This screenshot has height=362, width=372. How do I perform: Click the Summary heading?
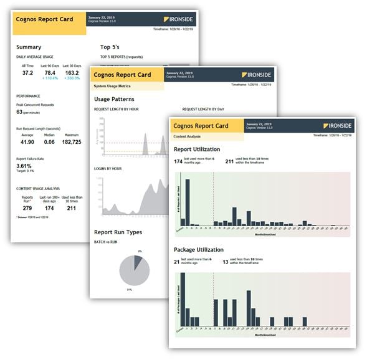pyautogui.click(x=29, y=47)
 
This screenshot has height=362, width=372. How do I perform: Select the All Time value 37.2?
pyautogui.click(x=27, y=73)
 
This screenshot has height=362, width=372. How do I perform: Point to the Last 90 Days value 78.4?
pyautogui.click(x=49, y=73)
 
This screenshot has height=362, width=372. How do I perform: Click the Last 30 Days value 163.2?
pyautogui.click(x=72, y=73)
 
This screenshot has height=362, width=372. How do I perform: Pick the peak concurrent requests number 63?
pyautogui.click(x=20, y=113)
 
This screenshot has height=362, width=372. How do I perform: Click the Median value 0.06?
pyautogui.click(x=50, y=142)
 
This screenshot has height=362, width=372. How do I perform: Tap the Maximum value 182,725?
pyautogui.click(x=72, y=142)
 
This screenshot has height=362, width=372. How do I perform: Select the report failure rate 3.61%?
pyautogui.click(x=24, y=166)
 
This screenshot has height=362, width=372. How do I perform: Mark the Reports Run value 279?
pyautogui.click(x=28, y=208)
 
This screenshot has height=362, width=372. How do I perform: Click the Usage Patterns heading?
pyautogui.click(x=114, y=99)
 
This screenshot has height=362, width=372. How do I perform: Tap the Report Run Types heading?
pyautogui.click(x=118, y=232)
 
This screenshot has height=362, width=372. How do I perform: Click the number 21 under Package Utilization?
pyautogui.click(x=178, y=262)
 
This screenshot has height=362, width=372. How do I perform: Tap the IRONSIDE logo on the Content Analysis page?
pyautogui.click(x=337, y=125)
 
